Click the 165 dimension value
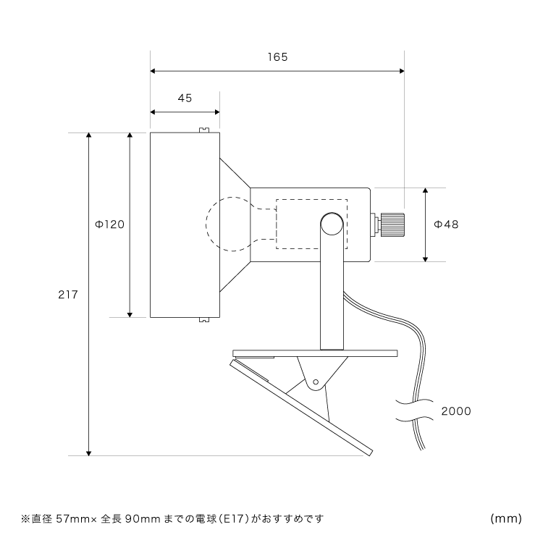[277, 57]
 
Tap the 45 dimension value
[185, 99]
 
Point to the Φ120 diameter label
[110, 224]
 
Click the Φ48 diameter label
[446, 224]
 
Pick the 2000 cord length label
[455, 411]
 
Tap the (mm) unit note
[506, 518]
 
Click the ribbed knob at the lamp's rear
[390, 224]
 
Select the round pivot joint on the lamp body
[332, 224]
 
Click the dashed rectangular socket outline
[311, 224]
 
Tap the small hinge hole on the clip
[316, 381]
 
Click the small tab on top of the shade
[204, 130]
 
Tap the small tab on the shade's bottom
[204, 319]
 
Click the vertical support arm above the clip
[332, 297]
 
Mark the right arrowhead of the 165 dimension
[400, 71]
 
